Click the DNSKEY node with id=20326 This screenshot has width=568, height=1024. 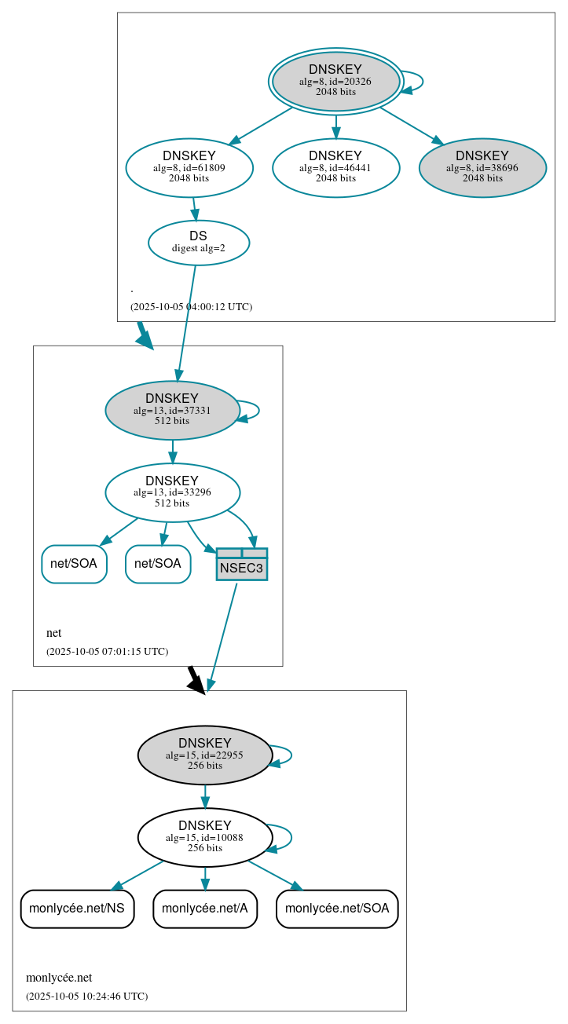(335, 81)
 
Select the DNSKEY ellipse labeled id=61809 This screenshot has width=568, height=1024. (189, 167)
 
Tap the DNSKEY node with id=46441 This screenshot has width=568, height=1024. (335, 167)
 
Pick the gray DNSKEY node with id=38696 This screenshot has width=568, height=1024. (482, 167)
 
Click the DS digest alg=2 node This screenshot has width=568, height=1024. (198, 243)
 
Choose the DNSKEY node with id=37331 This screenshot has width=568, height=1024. (172, 410)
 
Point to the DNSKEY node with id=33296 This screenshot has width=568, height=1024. (172, 492)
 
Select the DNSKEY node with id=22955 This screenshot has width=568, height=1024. (205, 755)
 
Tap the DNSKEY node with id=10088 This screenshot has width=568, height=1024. (205, 837)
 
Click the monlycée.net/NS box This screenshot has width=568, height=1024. (77, 909)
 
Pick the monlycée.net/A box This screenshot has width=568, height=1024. (205, 909)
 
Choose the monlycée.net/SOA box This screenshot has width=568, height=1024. (337, 909)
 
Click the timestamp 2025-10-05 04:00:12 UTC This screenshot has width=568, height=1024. (191, 307)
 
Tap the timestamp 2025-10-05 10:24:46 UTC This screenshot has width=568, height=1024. (86, 997)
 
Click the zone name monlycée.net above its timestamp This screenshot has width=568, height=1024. (59, 978)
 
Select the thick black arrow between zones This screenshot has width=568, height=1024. (196, 679)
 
